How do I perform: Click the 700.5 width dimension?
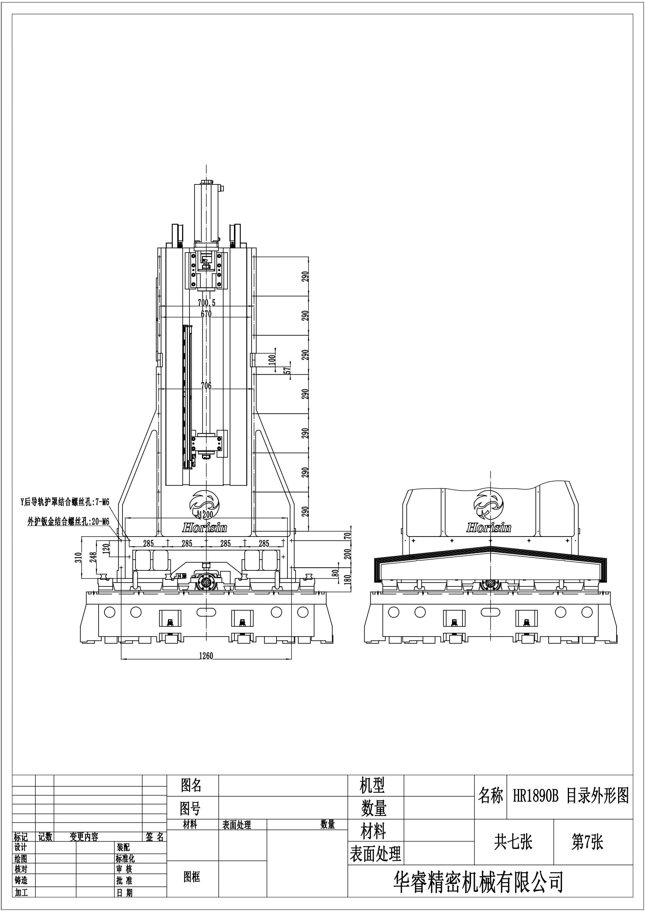(x=207, y=303)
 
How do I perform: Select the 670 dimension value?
(x=206, y=314)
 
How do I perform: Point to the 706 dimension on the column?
(x=206, y=386)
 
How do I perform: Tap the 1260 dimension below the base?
(x=206, y=656)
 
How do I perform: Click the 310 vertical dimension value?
(x=78, y=557)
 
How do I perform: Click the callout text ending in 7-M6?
(x=65, y=503)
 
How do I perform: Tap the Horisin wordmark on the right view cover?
(x=489, y=528)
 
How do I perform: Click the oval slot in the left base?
(x=206, y=612)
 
